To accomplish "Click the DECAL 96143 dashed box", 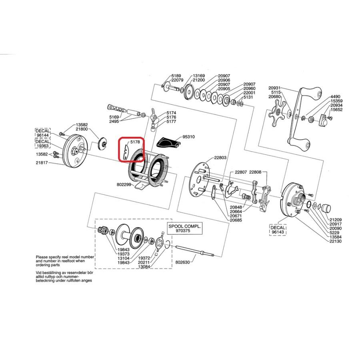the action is (x=279, y=229).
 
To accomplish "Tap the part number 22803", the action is (x=220, y=158).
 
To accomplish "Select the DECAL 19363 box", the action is (x=42, y=144).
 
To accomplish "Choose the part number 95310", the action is (x=188, y=137).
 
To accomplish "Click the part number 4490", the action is (x=335, y=97).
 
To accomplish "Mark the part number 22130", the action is (x=335, y=241).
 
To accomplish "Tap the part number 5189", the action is (x=176, y=76).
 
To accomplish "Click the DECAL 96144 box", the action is (x=42, y=133).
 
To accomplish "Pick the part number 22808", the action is (x=255, y=172).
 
